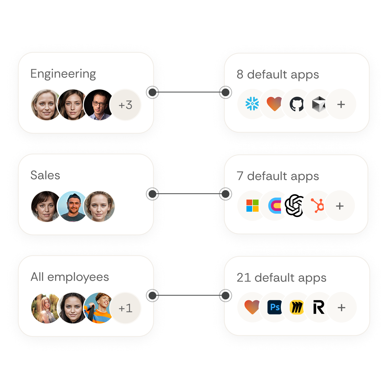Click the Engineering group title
(x=63, y=74)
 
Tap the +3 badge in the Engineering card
(x=125, y=105)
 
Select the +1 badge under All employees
(x=125, y=308)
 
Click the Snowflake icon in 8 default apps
(x=252, y=104)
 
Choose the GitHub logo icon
(x=297, y=104)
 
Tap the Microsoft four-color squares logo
(x=252, y=206)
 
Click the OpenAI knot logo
(x=294, y=206)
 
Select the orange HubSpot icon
(x=317, y=205)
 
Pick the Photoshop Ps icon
(x=275, y=307)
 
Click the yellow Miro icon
(x=297, y=307)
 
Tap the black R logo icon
(x=319, y=307)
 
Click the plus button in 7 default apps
(x=340, y=206)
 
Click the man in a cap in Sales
(x=73, y=206)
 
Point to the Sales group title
(x=45, y=175)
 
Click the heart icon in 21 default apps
(x=252, y=307)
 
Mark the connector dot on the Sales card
(x=153, y=194)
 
